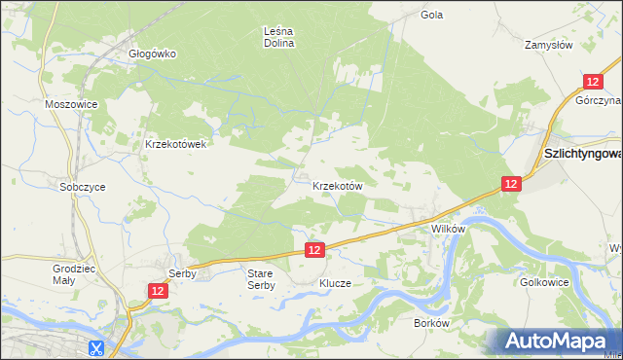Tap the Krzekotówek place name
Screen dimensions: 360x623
[x=175, y=144]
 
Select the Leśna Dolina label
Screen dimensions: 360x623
[x=279, y=37]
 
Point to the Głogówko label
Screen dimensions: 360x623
[x=153, y=54]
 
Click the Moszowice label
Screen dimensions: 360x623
[x=67, y=103]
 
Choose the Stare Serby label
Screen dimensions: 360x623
[x=261, y=279]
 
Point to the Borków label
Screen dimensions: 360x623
[x=430, y=323]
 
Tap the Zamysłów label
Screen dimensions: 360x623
[x=548, y=45]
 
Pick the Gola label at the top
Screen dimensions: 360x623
[x=432, y=15]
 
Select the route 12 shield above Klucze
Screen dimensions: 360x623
[x=313, y=250]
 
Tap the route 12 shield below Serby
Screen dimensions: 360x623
[x=158, y=290]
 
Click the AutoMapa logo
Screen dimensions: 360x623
[x=557, y=342]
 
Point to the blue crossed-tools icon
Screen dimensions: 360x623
[x=95, y=346]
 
